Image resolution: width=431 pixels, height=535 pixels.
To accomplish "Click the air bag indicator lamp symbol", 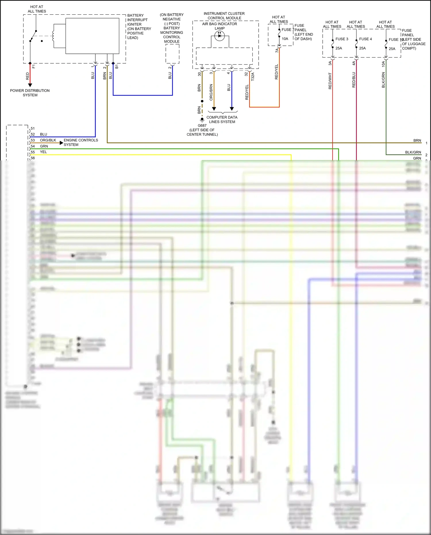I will pos(220,36).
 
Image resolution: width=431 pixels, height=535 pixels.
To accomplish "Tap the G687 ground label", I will pos(202,126).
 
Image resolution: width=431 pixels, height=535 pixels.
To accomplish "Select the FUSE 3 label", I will pos(342,39).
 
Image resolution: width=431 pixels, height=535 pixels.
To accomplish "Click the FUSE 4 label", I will pos(365,39).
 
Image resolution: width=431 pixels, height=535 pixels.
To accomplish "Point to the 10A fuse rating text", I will pos(285,39).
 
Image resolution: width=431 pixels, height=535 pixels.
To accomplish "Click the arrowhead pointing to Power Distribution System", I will pos(30,85).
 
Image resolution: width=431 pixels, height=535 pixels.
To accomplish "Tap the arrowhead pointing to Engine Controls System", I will pos(61,143).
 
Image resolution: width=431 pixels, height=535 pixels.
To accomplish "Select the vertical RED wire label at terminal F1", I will pos(28,76).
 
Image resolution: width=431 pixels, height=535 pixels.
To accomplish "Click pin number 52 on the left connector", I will pos(33,134).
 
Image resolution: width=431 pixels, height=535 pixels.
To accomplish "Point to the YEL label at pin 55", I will pos(43,152).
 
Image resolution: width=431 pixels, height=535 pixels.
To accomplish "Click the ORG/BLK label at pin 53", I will pos(48,140).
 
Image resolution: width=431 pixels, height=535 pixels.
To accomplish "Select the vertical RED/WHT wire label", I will pos(330,81).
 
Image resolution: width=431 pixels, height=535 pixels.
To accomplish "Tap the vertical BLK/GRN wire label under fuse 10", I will pos(383,80).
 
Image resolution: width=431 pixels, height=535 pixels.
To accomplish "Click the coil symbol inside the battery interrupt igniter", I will pos(53,36).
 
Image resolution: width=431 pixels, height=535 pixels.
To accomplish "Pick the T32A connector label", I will pos(253,76).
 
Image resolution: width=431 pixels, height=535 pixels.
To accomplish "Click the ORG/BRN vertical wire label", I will pos(211,92).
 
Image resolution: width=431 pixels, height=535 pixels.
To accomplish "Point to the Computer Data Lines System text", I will pos(222,120).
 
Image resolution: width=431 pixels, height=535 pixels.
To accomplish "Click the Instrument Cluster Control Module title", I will pos(224,16).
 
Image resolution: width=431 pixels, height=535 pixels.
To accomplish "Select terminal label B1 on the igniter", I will pos(117,67).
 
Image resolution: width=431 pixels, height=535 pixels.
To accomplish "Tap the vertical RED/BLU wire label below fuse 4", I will pos(354,80).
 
